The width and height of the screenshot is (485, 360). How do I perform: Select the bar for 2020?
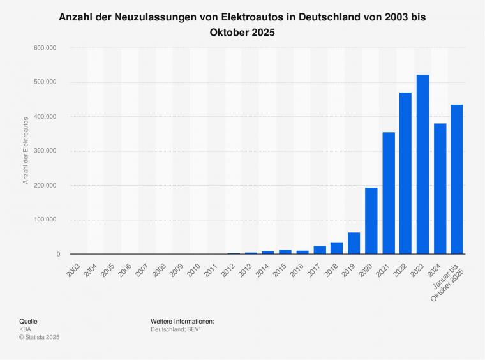tap(371, 221)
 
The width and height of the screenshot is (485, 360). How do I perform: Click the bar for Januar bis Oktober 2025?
tap(457, 179)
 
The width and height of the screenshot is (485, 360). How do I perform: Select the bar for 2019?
tap(354, 243)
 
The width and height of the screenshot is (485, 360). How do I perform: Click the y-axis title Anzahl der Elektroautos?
tap(26, 151)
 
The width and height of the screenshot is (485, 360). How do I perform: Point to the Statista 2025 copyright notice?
tap(40, 337)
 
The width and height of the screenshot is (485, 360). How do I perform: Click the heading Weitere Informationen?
tap(183, 321)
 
